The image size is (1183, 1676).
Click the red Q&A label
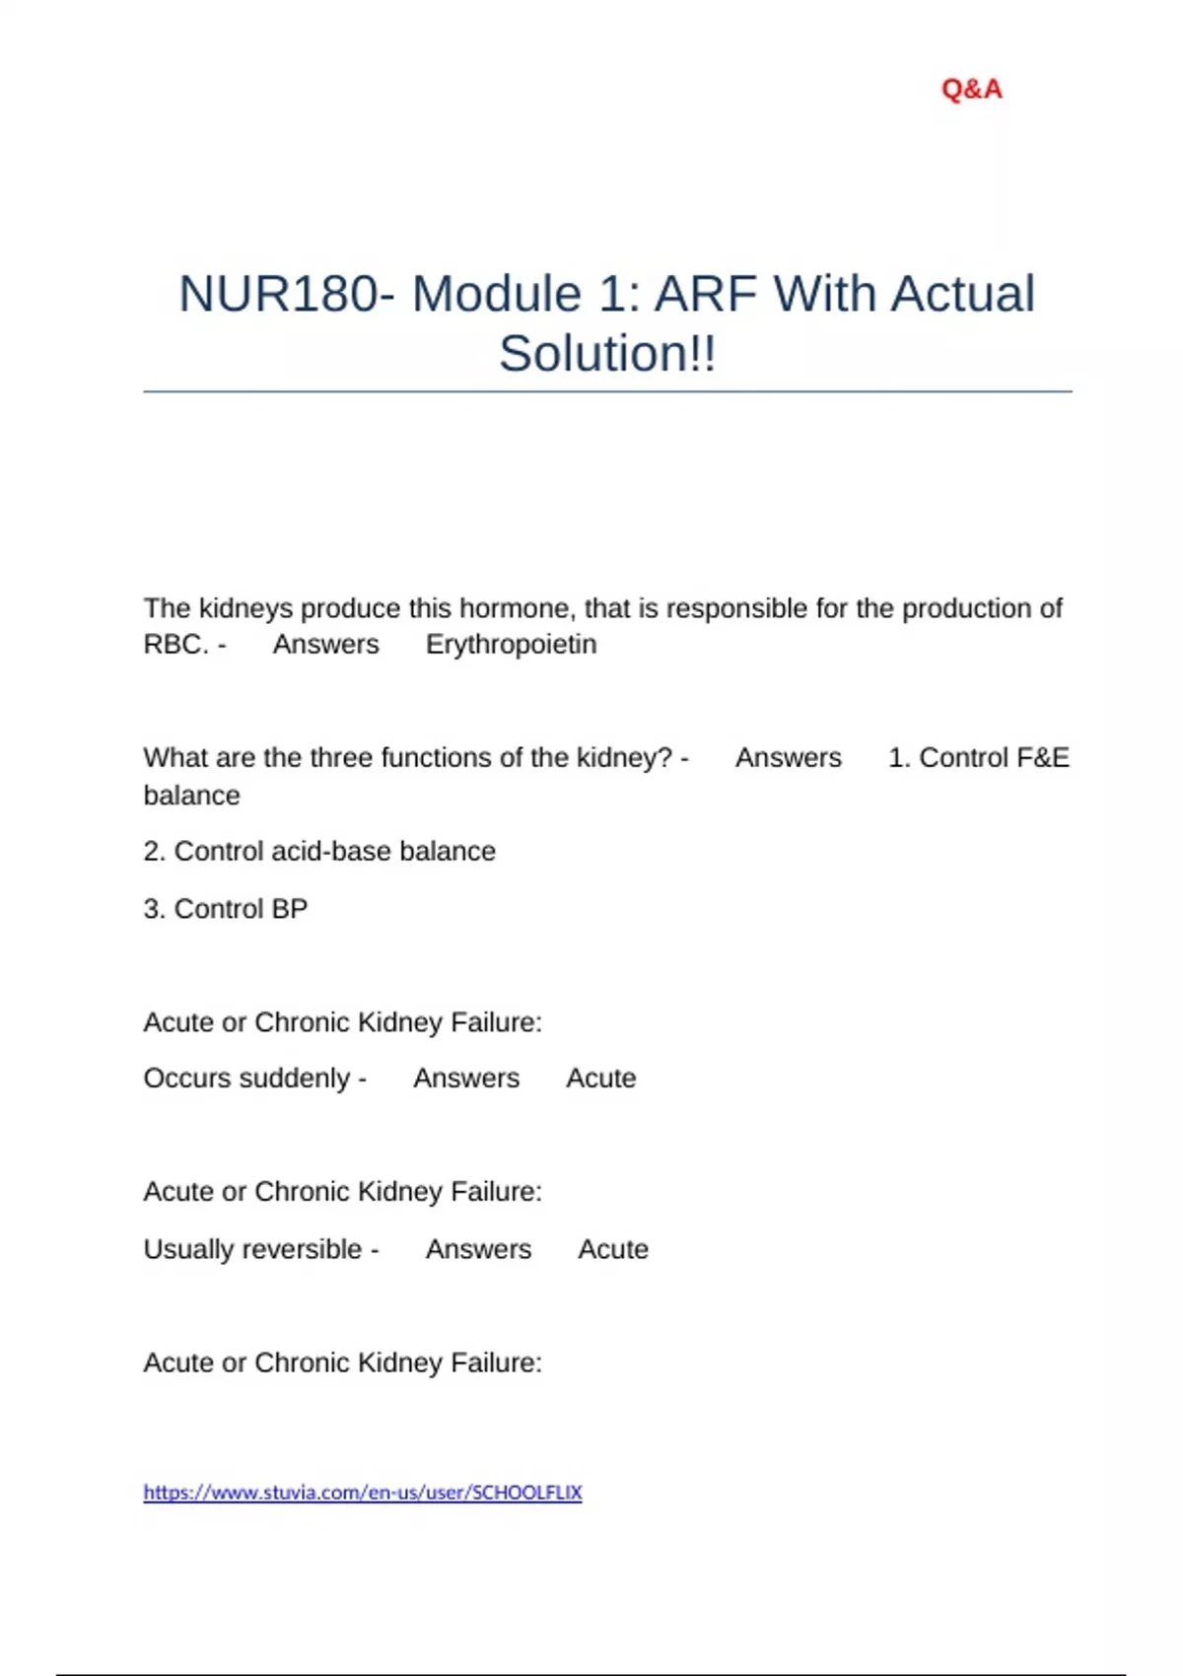point(971,89)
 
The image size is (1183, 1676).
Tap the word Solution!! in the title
point(607,353)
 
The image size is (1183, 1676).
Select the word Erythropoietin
point(511,644)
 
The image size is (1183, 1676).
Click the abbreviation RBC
point(175,644)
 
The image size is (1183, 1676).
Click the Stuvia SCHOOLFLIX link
point(363,1492)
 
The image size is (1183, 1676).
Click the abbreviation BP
point(289,908)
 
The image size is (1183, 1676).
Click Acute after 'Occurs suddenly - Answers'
point(600,1078)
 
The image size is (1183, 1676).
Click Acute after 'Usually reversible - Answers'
point(612,1249)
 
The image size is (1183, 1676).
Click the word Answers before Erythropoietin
point(325,644)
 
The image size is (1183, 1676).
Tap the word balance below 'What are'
point(191,795)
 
